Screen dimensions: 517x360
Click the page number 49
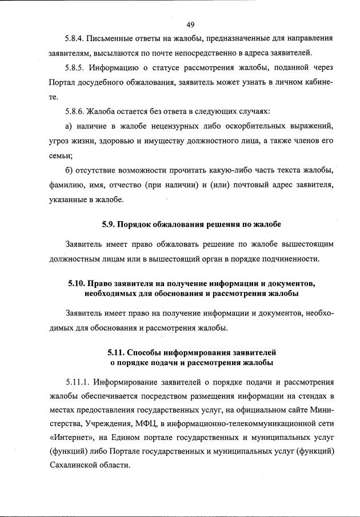(x=191, y=24)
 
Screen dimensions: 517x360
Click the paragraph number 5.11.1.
(x=80, y=382)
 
